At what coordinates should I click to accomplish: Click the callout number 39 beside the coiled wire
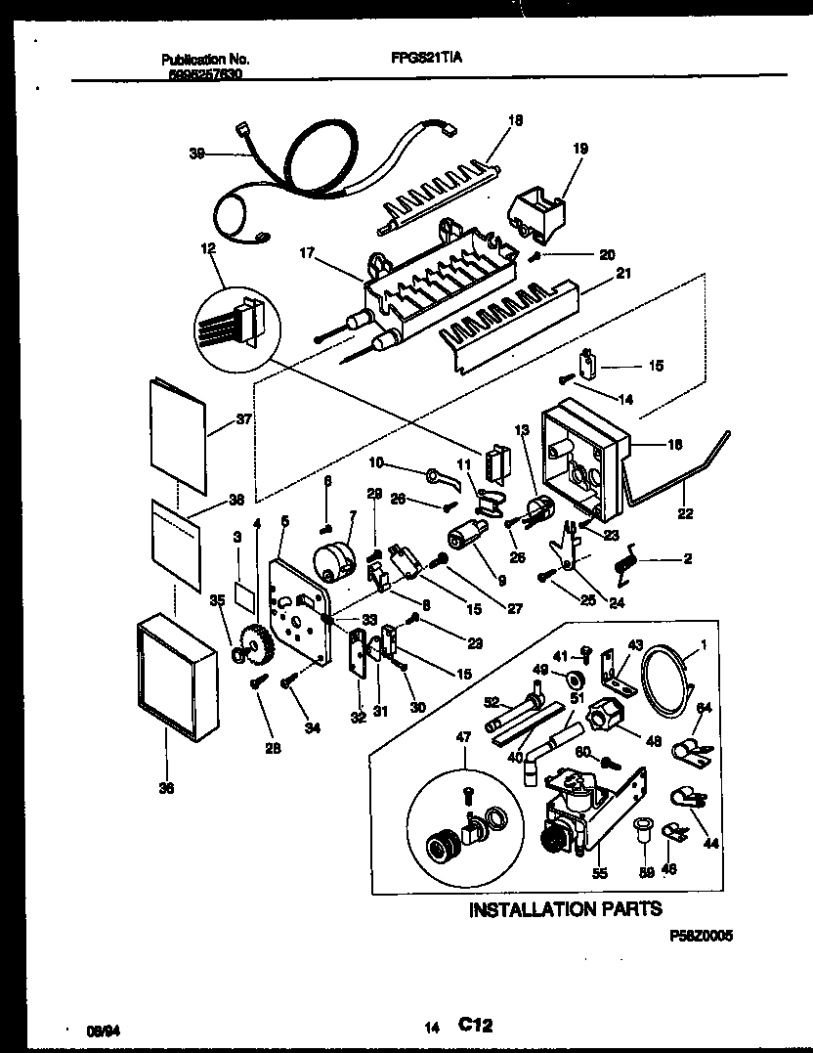tap(196, 153)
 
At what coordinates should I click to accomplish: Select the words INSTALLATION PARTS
tap(565, 910)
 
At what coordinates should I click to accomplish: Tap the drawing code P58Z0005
tap(701, 935)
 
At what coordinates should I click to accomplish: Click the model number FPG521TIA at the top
tap(420, 59)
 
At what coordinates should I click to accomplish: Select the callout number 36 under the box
tap(165, 790)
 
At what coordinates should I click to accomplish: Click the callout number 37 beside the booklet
tap(243, 420)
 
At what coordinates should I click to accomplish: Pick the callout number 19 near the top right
tap(579, 150)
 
